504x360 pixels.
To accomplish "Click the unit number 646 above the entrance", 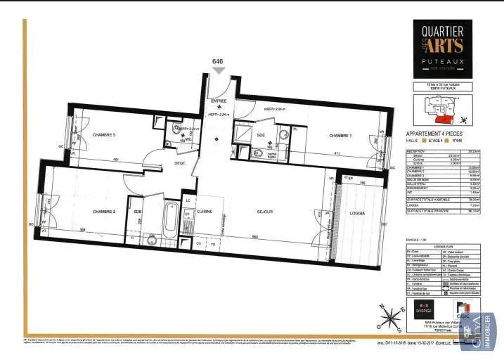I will [x=218, y=62].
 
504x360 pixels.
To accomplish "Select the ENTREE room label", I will [x=219, y=101].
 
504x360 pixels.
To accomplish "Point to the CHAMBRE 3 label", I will [x=104, y=134].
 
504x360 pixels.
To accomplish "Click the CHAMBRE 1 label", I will [x=340, y=135].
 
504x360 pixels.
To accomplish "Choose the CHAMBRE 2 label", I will [x=103, y=210].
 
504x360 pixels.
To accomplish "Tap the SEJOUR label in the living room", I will [x=265, y=210].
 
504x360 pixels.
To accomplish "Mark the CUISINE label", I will [x=205, y=210].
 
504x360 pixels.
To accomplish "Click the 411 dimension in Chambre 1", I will [x=337, y=153].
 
